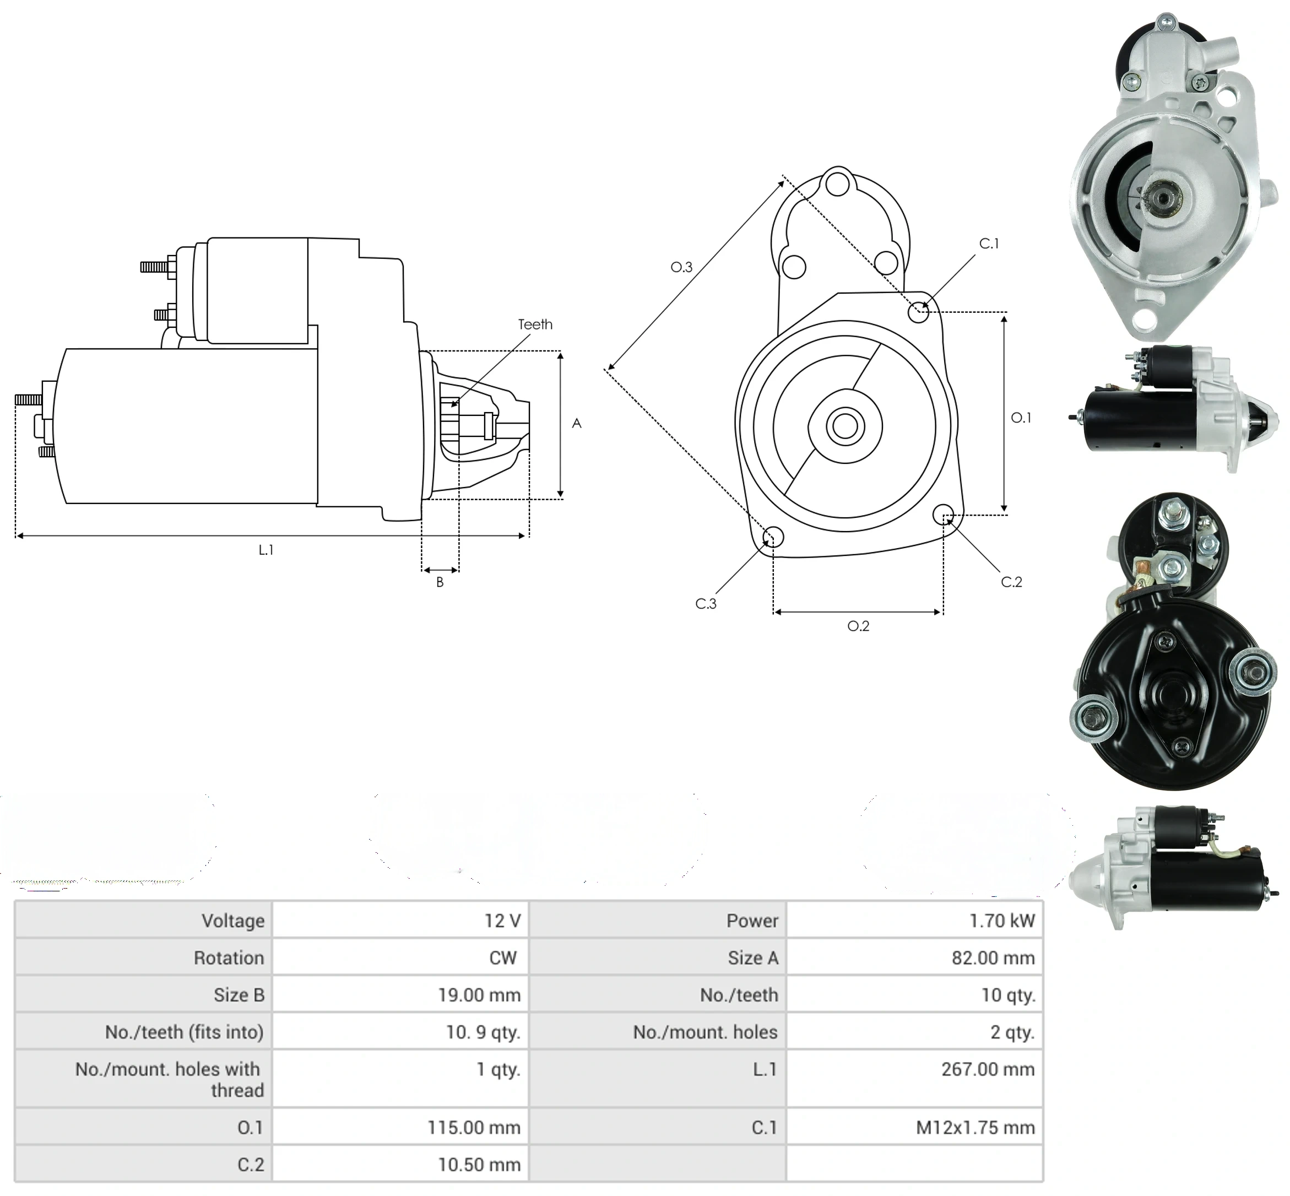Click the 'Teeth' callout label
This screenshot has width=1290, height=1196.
coord(535,324)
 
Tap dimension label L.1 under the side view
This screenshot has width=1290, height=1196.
coord(266,549)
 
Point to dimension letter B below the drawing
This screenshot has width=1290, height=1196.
coord(440,582)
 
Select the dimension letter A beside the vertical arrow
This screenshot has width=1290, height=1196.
coord(577,423)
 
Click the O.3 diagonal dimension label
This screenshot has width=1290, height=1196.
coord(681,267)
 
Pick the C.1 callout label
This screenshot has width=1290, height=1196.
coord(989,243)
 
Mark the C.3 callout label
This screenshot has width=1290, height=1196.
coord(706,603)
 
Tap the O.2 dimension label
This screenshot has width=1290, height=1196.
coord(859,626)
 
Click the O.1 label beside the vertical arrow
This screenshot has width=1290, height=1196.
coord(1021,418)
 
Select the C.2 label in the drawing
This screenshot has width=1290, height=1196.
coord(1011,582)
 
